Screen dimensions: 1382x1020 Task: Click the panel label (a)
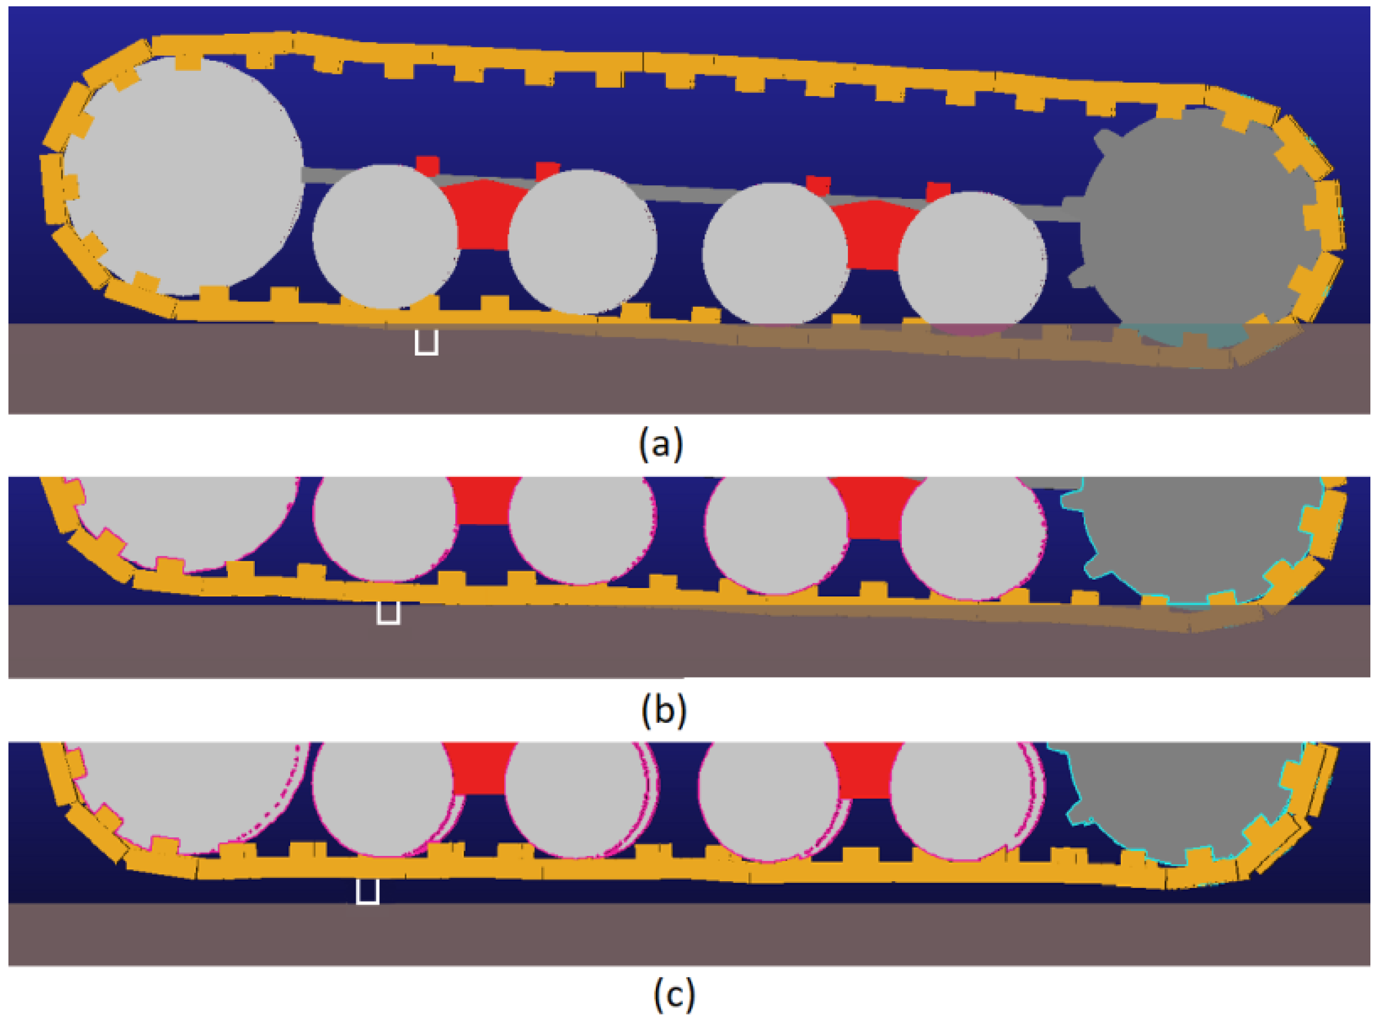pyautogui.click(x=661, y=443)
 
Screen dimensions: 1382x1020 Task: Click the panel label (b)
pyautogui.click(x=664, y=710)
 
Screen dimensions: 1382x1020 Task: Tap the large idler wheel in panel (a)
pyautogui.click(x=182, y=176)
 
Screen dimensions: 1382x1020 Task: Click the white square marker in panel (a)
pyautogui.click(x=426, y=342)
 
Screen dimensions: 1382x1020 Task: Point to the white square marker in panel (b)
pyautogui.click(x=388, y=613)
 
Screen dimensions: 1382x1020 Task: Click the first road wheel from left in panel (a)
pyautogui.click(x=385, y=236)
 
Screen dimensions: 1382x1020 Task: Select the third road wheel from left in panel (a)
pyautogui.click(x=775, y=253)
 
